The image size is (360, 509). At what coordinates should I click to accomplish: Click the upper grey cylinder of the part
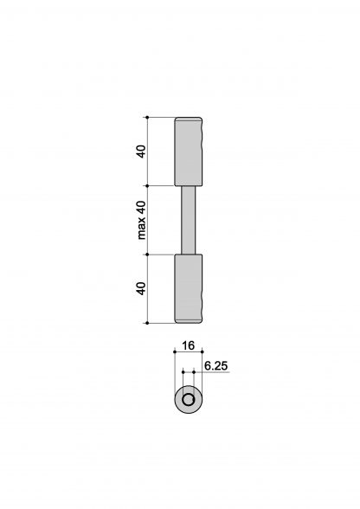[189, 151]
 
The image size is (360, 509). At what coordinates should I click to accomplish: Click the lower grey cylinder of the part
[189, 288]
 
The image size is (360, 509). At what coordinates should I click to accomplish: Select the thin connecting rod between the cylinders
[189, 220]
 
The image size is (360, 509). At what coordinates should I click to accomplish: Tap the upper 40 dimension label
[141, 151]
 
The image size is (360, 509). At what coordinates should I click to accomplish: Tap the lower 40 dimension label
[141, 288]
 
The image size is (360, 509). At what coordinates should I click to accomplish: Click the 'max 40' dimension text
[142, 220]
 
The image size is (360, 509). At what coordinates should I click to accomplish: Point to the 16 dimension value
[188, 345]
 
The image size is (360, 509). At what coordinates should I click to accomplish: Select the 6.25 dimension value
[216, 366]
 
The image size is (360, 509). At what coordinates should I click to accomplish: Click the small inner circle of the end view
[189, 400]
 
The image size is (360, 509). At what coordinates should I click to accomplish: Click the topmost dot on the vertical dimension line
[147, 117]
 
